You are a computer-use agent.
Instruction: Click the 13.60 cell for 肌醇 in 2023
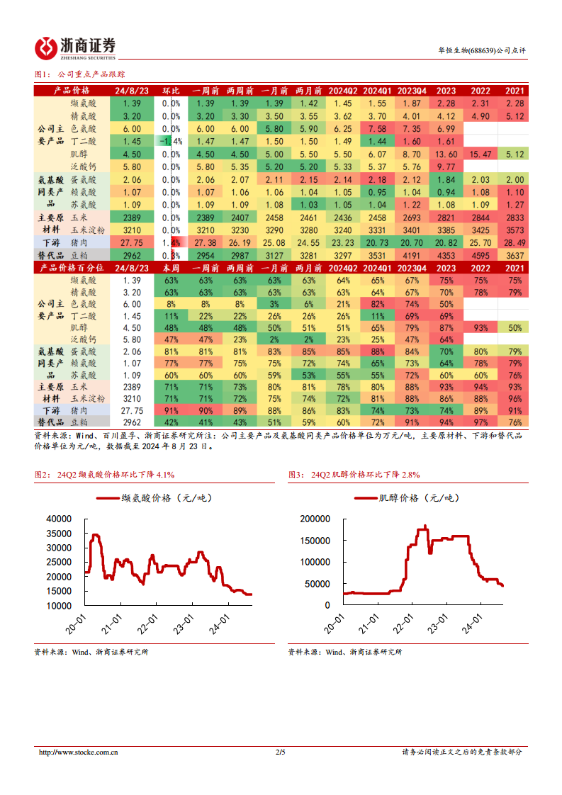pyautogui.click(x=446, y=154)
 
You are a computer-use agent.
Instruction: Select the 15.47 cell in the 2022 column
pyautogui.click(x=480, y=154)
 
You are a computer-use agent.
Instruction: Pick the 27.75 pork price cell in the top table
pyautogui.click(x=132, y=243)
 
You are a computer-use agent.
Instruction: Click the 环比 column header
pyautogui.click(x=171, y=91)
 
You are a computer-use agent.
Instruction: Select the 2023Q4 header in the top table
pyautogui.click(x=412, y=91)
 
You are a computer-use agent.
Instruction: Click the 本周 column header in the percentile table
pyautogui.click(x=171, y=268)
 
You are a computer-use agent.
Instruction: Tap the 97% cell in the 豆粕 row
pyautogui.click(x=480, y=422)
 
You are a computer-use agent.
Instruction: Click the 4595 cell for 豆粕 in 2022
pyautogui.click(x=480, y=256)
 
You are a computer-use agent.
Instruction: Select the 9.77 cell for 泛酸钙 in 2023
pyautogui.click(x=446, y=167)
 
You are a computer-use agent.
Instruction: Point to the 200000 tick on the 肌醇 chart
pyautogui.click(x=315, y=519)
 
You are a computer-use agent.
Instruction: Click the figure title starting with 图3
pyautogui.click(x=354, y=474)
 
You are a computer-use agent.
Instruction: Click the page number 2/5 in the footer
pyautogui.click(x=280, y=752)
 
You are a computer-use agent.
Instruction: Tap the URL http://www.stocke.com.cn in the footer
pyautogui.click(x=78, y=752)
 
